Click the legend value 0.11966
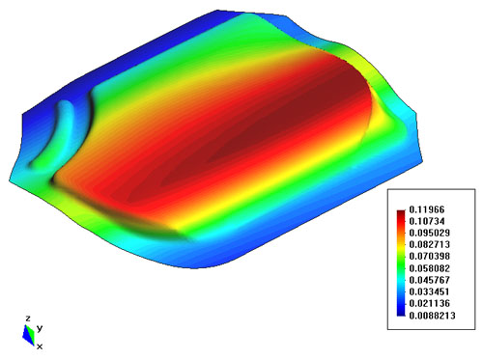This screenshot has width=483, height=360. [427, 209]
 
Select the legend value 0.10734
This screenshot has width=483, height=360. [427, 221]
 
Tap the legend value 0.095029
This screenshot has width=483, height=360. [429, 233]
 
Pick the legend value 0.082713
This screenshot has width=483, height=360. [429, 244]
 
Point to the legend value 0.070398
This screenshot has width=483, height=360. [429, 257]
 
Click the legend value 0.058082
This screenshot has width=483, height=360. [429, 268]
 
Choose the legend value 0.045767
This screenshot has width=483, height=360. [429, 280]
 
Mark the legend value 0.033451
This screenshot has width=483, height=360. [429, 291]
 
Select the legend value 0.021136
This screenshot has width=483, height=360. [429, 303]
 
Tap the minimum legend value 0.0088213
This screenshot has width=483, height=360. [432, 316]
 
